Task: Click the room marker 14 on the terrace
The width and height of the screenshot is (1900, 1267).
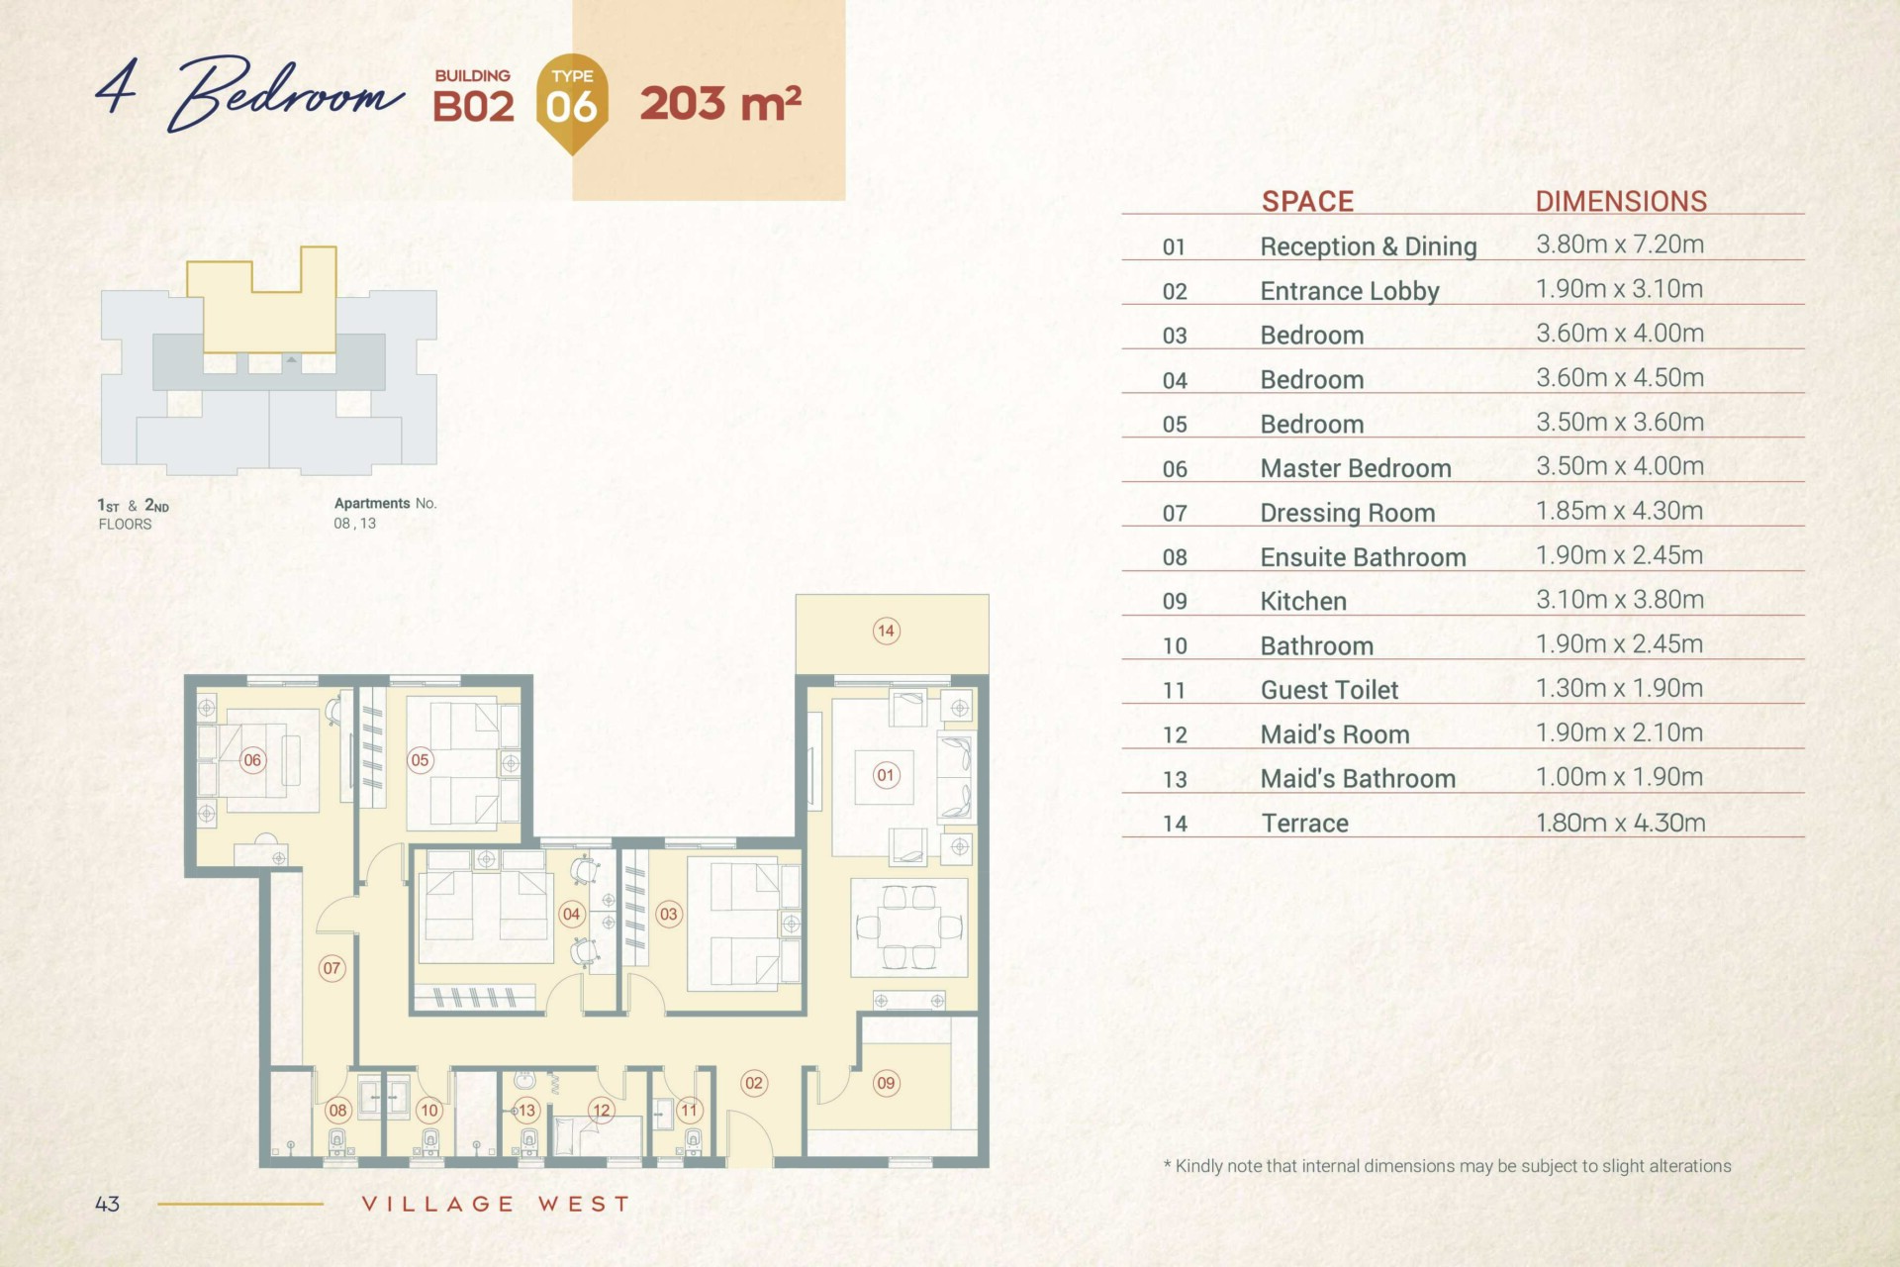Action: pyautogui.click(x=886, y=631)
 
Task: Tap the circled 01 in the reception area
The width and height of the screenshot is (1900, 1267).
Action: pyautogui.click(x=886, y=776)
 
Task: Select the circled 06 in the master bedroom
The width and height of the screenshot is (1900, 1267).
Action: pyautogui.click(x=252, y=760)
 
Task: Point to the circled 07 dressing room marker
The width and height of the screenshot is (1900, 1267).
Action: pyautogui.click(x=332, y=968)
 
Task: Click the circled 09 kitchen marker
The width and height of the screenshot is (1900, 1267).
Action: pyautogui.click(x=886, y=1083)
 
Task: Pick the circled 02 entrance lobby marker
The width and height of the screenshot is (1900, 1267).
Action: pyautogui.click(x=754, y=1083)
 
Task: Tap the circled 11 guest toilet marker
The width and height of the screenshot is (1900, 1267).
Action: pyautogui.click(x=689, y=1111)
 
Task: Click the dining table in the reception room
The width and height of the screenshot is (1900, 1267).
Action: pyautogui.click(x=909, y=927)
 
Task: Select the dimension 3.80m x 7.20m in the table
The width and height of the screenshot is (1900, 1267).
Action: pyautogui.click(x=1620, y=244)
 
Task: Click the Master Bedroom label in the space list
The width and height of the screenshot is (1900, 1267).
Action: pyautogui.click(x=1356, y=468)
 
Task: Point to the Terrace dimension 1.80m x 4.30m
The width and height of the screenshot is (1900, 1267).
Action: pyautogui.click(x=1620, y=823)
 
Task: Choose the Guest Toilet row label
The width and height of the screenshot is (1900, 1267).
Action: pyautogui.click(x=1329, y=690)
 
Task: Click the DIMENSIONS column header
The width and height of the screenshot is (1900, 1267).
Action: pyautogui.click(x=1621, y=201)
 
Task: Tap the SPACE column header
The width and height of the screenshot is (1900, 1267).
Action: pyautogui.click(x=1307, y=201)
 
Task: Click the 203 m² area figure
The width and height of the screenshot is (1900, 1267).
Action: pyautogui.click(x=720, y=104)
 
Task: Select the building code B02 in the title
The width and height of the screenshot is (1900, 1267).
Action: pyautogui.click(x=473, y=107)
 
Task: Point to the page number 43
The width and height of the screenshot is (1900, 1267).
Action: pyautogui.click(x=107, y=1204)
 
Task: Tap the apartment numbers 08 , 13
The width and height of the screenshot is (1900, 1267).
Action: pyautogui.click(x=354, y=524)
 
